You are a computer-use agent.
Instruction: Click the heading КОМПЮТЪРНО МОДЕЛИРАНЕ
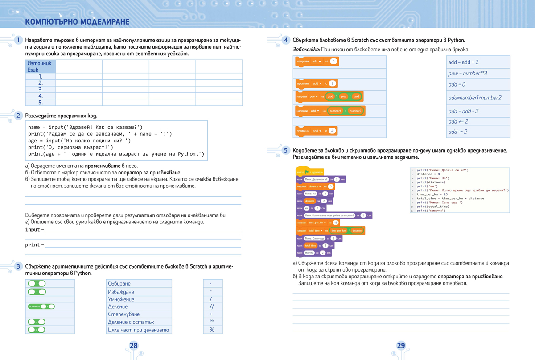click(77, 22)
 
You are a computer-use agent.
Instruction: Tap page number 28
click(133, 345)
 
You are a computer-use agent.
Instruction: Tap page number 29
click(401, 345)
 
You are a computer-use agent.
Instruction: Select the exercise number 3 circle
click(18, 266)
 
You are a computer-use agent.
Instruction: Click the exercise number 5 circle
click(286, 150)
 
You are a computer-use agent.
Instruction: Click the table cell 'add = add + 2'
click(477, 62)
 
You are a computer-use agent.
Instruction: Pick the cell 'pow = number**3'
click(477, 73)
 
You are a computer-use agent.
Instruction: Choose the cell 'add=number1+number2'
click(477, 98)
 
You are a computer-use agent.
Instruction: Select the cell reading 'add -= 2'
click(477, 132)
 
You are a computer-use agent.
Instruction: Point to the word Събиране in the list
click(119, 283)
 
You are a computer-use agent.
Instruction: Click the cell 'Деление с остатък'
click(131, 322)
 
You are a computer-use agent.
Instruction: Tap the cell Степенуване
click(123, 314)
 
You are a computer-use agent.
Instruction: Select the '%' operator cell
click(212, 330)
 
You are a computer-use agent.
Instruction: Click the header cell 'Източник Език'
click(40, 66)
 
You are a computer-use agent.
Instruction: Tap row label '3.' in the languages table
click(41, 89)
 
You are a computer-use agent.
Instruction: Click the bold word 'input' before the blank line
click(33, 229)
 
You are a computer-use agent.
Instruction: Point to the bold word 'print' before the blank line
click(33, 244)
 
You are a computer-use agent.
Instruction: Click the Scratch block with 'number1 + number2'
click(330, 111)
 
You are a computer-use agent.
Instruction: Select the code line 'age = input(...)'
click(79, 141)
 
